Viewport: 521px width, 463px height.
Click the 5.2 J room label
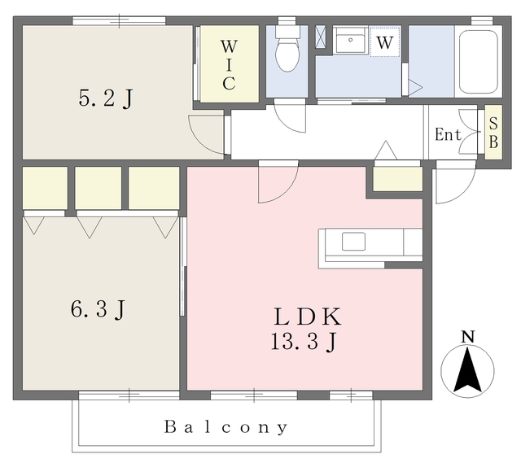click(106, 98)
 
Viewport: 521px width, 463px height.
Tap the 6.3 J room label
click(98, 309)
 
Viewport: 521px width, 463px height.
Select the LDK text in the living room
click(308, 317)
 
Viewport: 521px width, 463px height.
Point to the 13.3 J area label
click(304, 342)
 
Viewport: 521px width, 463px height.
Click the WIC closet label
click(230, 65)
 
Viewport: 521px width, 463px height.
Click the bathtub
click(478, 62)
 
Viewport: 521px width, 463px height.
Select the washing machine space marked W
click(385, 42)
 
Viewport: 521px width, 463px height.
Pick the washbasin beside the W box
click(351, 40)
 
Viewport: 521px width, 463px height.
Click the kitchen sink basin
click(354, 242)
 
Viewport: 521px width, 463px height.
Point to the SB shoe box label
click(493, 133)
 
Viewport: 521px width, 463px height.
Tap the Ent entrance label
click(448, 134)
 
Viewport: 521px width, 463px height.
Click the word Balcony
click(226, 427)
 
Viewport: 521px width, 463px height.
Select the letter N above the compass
click(468, 337)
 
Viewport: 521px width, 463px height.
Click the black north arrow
click(467, 369)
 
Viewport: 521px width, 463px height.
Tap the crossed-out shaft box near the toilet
click(321, 37)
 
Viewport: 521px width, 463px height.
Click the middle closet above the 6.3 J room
click(98, 188)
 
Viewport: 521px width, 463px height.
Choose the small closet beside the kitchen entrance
click(398, 179)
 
